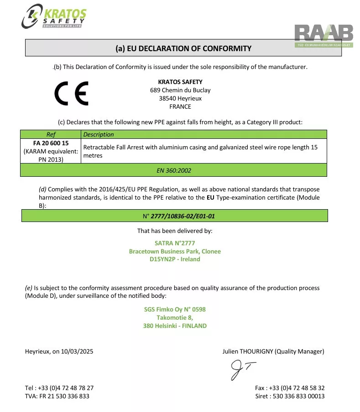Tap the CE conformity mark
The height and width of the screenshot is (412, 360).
click(x=72, y=93)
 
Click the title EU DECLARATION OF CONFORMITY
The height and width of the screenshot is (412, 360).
click(x=183, y=48)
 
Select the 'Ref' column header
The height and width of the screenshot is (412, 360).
click(x=51, y=134)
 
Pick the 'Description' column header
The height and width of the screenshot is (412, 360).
click(x=99, y=134)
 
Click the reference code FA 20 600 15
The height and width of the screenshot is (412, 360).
click(x=51, y=143)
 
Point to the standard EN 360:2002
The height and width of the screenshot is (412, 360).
click(x=174, y=170)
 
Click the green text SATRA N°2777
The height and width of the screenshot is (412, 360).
click(x=175, y=243)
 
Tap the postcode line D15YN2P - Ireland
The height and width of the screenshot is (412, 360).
click(x=175, y=259)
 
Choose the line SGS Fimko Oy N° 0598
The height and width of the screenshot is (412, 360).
click(x=175, y=309)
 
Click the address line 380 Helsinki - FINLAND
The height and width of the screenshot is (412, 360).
click(x=175, y=326)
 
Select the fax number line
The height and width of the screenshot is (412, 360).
click(x=290, y=388)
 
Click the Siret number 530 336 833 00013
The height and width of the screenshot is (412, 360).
click(x=298, y=396)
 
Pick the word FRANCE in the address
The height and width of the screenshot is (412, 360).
click(x=180, y=106)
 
